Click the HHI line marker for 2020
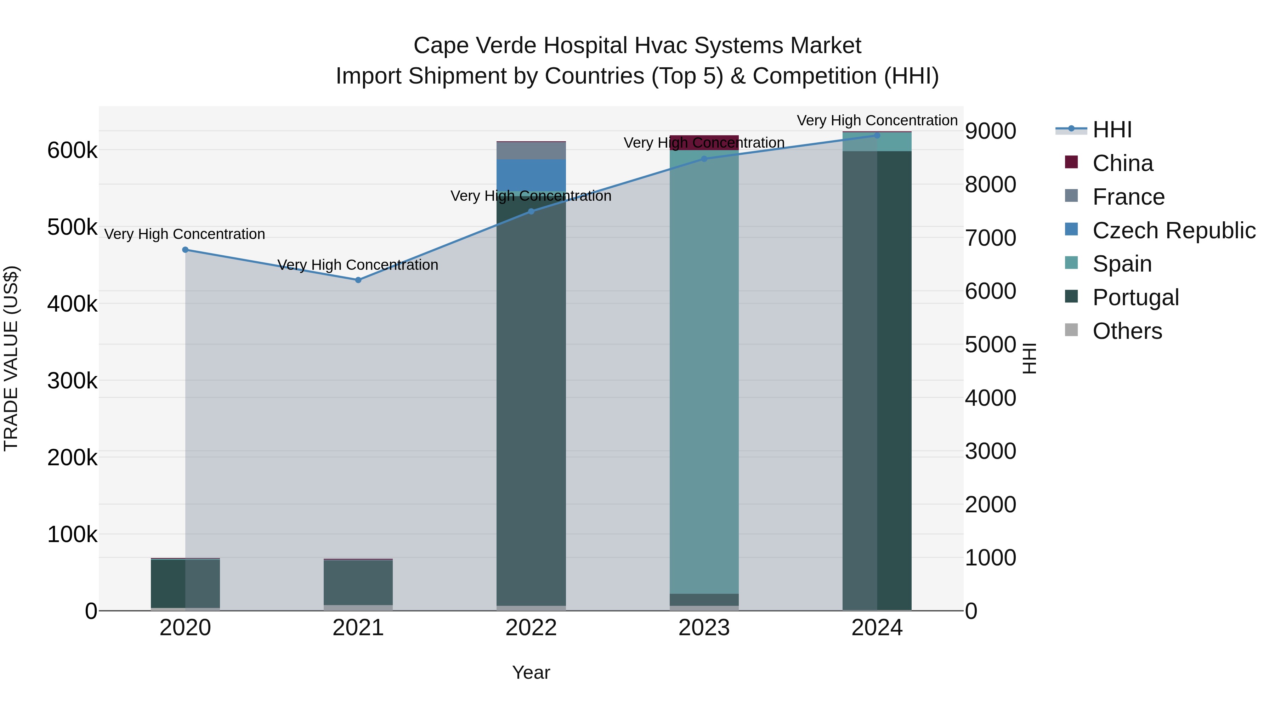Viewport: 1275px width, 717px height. tap(185, 250)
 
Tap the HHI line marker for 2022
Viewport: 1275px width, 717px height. tap(531, 211)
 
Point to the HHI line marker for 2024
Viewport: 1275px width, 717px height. tap(877, 136)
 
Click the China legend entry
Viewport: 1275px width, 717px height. tap(1123, 163)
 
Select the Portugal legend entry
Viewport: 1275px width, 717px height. tap(1135, 297)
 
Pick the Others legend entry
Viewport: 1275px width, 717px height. tap(1127, 331)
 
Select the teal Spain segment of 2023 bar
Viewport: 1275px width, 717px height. tap(704, 371)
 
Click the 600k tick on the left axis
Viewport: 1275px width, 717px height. tap(72, 150)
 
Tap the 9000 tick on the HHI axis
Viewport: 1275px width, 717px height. tap(990, 132)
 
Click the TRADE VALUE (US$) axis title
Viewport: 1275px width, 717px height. tap(11, 358)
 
